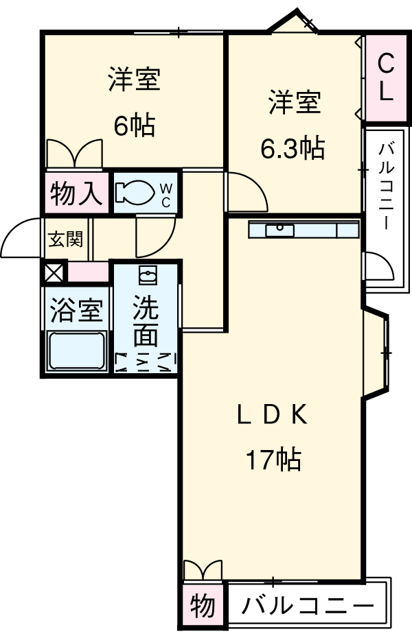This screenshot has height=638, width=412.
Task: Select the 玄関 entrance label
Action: (x=66, y=239)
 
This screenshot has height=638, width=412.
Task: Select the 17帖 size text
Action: (x=273, y=459)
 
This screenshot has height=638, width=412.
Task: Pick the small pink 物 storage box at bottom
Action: (x=203, y=606)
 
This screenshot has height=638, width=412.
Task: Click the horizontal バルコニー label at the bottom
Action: (x=308, y=606)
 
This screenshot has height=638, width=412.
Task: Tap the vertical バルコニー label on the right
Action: (x=385, y=185)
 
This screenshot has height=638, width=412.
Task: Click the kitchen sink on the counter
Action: (x=280, y=230)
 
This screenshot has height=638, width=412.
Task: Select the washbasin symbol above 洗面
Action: (x=146, y=276)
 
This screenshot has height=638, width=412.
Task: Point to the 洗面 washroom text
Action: (x=146, y=321)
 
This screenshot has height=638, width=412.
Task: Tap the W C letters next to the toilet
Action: (x=166, y=193)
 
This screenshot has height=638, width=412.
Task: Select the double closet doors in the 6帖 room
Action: (x=74, y=153)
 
